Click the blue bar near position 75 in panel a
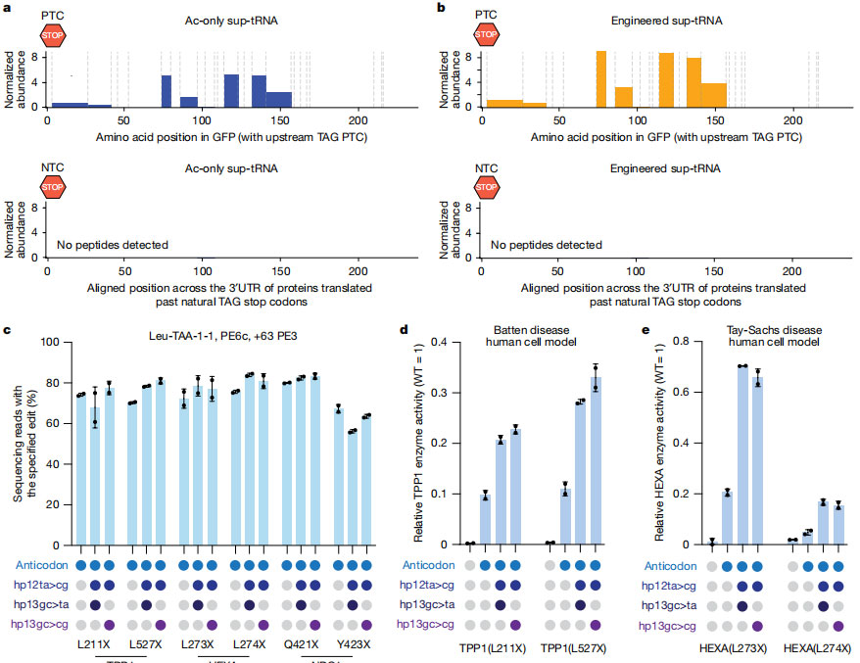tap(167, 91)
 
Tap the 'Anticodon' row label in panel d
tap(432, 565)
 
